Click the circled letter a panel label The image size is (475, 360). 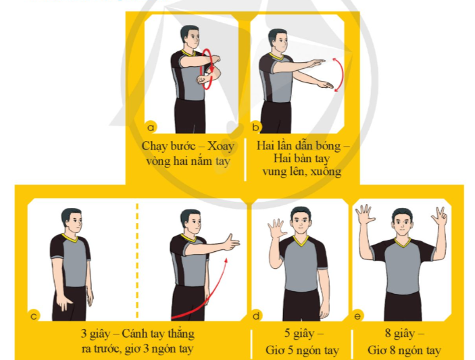pyautogui.click(x=151, y=128)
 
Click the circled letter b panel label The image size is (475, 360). pyautogui.click(x=255, y=127)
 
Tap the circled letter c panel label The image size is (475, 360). pyautogui.click(x=34, y=316)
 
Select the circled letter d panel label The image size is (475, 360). pyautogui.click(x=256, y=316)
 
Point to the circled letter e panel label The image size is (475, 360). pyautogui.click(x=357, y=316)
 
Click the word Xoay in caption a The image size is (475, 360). pyautogui.click(x=221, y=147)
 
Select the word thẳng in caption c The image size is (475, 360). pyautogui.click(x=182, y=334)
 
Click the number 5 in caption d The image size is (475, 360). pyautogui.click(x=287, y=333)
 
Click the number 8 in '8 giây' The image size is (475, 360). pyautogui.click(x=388, y=333)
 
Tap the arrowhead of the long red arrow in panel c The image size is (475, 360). pyautogui.click(x=226, y=261)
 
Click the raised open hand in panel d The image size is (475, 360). pyautogui.click(x=276, y=228)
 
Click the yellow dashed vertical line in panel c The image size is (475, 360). pyautogui.click(x=137, y=261)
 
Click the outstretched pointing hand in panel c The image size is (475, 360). pyautogui.click(x=232, y=242)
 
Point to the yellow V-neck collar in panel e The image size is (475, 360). pyautogui.click(x=403, y=242)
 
